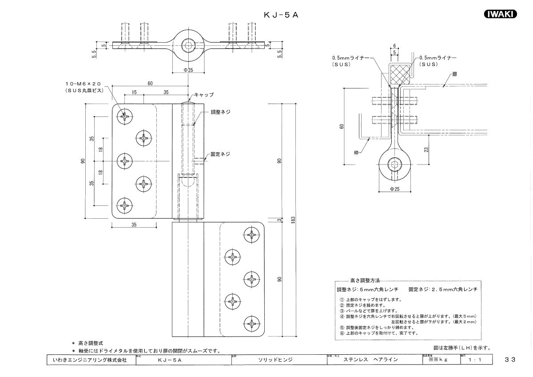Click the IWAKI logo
coord(499,14)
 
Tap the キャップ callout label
coord(204,95)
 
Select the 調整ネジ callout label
coord(220,112)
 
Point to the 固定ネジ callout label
coord(220,154)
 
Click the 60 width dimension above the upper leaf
coord(150,83)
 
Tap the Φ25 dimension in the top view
coord(188,70)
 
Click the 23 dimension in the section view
coord(427,150)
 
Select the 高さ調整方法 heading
coord(365,281)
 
